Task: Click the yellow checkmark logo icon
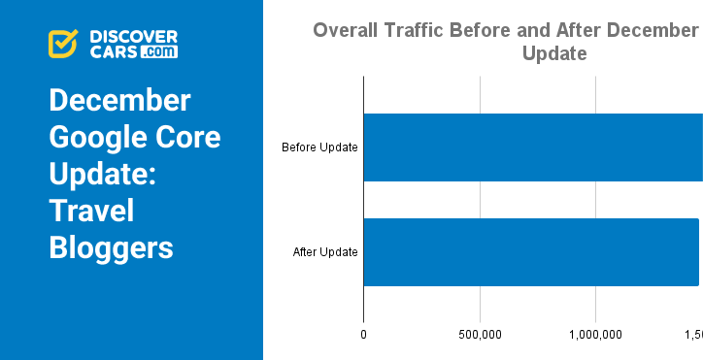tap(63, 44)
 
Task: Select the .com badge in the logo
tap(158, 51)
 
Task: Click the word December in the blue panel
tap(119, 101)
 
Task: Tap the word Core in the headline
tap(189, 138)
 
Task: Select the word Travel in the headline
tap(91, 211)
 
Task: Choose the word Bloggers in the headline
tap(111, 247)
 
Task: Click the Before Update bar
tap(532, 147)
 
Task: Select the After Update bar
tap(530, 252)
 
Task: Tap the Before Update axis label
tap(319, 147)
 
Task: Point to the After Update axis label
tap(325, 252)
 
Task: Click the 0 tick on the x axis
tap(363, 335)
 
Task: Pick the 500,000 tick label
tap(480, 335)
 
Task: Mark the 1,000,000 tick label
tap(595, 335)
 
